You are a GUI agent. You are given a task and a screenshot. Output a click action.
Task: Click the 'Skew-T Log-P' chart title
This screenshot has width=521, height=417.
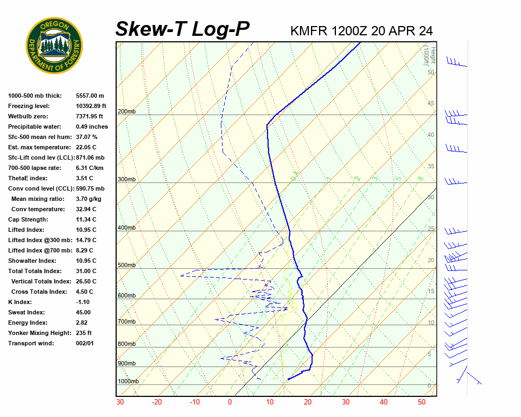[183, 29]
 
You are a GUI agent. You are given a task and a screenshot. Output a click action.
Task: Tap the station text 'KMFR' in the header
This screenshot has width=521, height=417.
[309, 31]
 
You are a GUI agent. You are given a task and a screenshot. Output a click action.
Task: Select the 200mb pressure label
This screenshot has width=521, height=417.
[126, 112]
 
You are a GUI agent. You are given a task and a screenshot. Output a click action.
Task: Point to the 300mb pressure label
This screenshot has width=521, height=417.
[126, 179]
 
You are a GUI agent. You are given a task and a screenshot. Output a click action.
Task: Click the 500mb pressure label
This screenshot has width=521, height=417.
[126, 266]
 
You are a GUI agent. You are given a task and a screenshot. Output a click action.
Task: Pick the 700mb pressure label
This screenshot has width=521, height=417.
[126, 322]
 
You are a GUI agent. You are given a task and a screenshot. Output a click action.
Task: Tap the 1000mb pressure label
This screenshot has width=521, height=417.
[128, 381]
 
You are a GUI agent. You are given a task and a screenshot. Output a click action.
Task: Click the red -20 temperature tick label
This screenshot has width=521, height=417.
[157, 402]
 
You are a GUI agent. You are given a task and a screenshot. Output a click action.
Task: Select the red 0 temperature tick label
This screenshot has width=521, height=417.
[230, 402]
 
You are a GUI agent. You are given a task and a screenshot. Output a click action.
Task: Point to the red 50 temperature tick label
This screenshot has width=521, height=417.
[422, 402]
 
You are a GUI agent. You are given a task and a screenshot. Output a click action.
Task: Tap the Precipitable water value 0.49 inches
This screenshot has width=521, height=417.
[92, 127]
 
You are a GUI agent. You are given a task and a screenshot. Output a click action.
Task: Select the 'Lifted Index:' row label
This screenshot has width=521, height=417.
[26, 230]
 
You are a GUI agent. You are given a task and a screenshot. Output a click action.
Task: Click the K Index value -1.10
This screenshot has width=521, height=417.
[84, 302]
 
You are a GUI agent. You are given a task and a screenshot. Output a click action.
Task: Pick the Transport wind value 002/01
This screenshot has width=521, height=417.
[85, 343]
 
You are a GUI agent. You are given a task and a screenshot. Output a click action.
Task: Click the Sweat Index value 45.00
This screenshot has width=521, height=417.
[84, 312]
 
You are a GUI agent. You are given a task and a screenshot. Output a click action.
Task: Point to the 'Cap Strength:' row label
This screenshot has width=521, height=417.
[28, 219]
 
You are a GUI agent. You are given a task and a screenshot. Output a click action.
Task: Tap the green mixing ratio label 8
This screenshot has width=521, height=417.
[420, 178]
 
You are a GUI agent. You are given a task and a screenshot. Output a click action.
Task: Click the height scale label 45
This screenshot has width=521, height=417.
[431, 104]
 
